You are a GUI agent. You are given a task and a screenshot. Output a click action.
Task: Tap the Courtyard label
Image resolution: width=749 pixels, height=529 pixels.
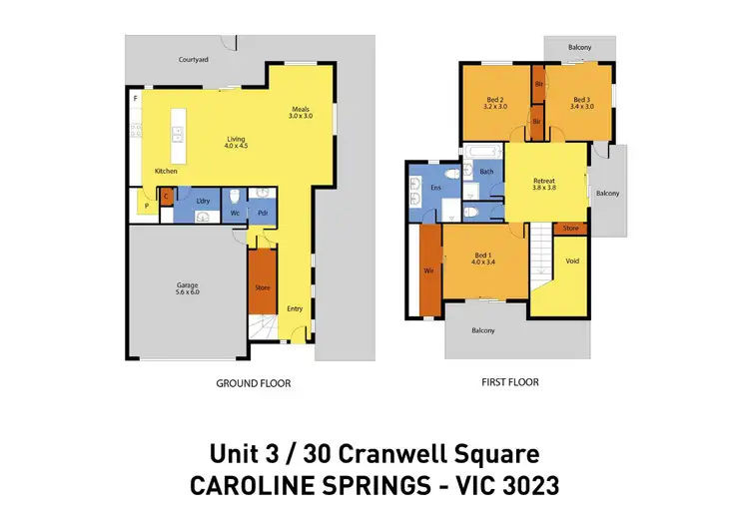pyautogui.click(x=194, y=60)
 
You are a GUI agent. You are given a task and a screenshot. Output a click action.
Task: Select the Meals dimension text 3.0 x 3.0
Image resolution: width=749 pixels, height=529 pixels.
pyautogui.click(x=301, y=117)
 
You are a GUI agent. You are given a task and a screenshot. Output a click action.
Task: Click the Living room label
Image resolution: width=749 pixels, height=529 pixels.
pyautogui.click(x=236, y=139)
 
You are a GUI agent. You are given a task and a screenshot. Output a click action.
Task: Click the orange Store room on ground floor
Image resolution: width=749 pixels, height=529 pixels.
pyautogui.click(x=262, y=287)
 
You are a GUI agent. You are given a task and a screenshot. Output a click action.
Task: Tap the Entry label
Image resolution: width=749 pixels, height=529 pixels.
pyautogui.click(x=295, y=308)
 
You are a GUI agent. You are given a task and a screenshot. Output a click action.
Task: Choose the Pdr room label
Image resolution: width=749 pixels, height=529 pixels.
pyautogui.click(x=262, y=213)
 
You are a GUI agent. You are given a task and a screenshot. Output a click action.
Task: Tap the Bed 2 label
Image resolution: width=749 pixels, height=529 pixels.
pyautogui.click(x=495, y=98)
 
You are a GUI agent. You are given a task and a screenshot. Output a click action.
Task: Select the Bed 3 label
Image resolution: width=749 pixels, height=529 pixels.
pyautogui.click(x=582, y=98)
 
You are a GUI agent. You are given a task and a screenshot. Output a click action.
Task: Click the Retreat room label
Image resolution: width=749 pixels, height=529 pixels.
pyautogui.click(x=543, y=181)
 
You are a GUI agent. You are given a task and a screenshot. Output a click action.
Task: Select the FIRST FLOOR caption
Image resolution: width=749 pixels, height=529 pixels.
pyautogui.click(x=509, y=382)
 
